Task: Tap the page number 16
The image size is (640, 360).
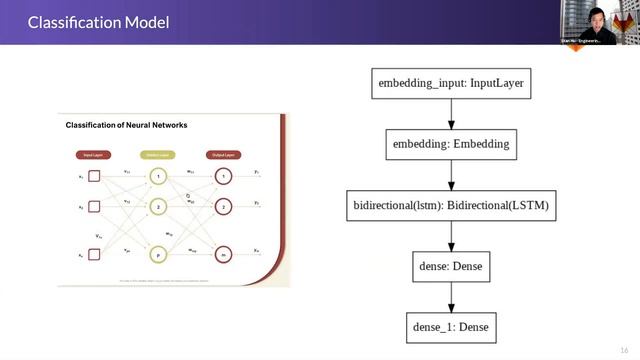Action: pyautogui.click(x=624, y=349)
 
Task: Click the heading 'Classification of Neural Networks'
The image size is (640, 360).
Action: pyautogui.click(x=126, y=125)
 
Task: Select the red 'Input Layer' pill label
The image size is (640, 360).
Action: pyautogui.click(x=94, y=155)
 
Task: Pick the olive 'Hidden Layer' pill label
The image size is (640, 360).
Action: pyautogui.click(x=158, y=155)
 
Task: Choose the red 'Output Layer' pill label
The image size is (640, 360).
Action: pyautogui.click(x=223, y=155)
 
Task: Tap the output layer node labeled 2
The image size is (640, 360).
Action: pyautogui.click(x=224, y=207)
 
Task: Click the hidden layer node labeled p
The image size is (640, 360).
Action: pyautogui.click(x=158, y=254)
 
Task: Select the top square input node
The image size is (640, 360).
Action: pyautogui.click(x=94, y=177)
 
